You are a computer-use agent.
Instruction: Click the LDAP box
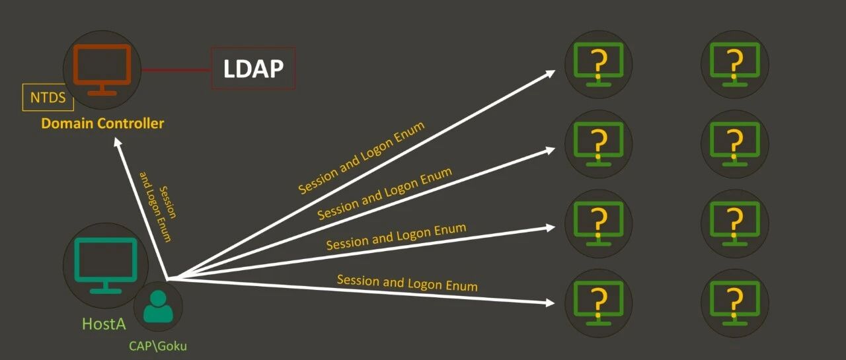click(x=253, y=68)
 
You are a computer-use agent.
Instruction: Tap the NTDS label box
click(x=48, y=97)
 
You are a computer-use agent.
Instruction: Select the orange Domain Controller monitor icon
click(x=102, y=69)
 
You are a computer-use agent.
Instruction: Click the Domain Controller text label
click(x=102, y=124)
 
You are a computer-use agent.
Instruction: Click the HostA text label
click(x=104, y=324)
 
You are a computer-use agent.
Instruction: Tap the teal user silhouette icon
click(x=158, y=306)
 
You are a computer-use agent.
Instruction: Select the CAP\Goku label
click(x=158, y=346)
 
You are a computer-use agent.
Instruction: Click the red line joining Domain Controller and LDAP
click(x=176, y=70)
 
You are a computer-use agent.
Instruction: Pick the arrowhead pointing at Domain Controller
click(x=118, y=142)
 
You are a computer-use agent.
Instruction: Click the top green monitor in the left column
click(x=598, y=64)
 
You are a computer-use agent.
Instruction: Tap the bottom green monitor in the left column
click(x=598, y=303)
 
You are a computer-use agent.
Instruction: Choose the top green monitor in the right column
click(x=734, y=64)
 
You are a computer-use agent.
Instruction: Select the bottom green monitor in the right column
click(x=734, y=303)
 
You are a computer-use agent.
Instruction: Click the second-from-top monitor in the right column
click(x=734, y=144)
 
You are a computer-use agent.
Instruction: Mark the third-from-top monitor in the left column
click(x=598, y=223)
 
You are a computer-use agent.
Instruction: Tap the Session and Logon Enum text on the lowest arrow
click(x=407, y=283)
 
